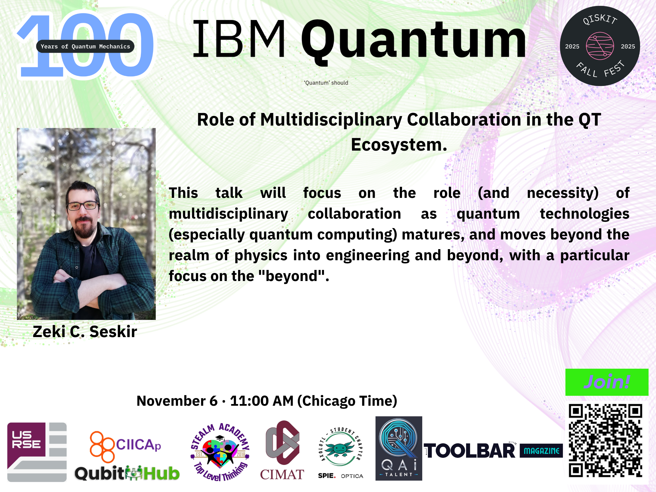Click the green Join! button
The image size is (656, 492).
pos(607,382)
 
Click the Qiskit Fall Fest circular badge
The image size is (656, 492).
pos(600,46)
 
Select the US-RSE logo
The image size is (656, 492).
pos(37,452)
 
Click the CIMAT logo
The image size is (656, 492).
pos(282,450)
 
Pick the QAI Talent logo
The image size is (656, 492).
pos(399,448)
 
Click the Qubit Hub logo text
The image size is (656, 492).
pos(127,473)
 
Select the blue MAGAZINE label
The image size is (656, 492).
pos(541,451)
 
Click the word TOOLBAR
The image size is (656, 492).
pos(470,451)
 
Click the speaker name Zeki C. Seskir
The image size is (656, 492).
pos(85,331)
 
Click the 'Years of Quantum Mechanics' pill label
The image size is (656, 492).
pos(85,46)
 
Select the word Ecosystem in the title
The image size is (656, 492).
pos(399,145)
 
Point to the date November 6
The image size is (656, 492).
pos(177,401)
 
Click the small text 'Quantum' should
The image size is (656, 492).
pos(326,83)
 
